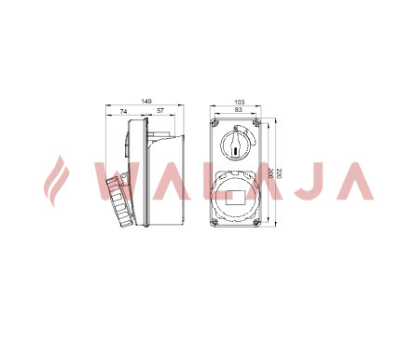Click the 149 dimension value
146,102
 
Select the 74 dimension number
123,111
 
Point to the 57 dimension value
160,111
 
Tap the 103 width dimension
240,102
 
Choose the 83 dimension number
239,109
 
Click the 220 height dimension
279,173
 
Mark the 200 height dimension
270,173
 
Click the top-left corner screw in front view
214,123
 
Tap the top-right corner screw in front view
256,123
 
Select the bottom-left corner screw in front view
214,222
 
